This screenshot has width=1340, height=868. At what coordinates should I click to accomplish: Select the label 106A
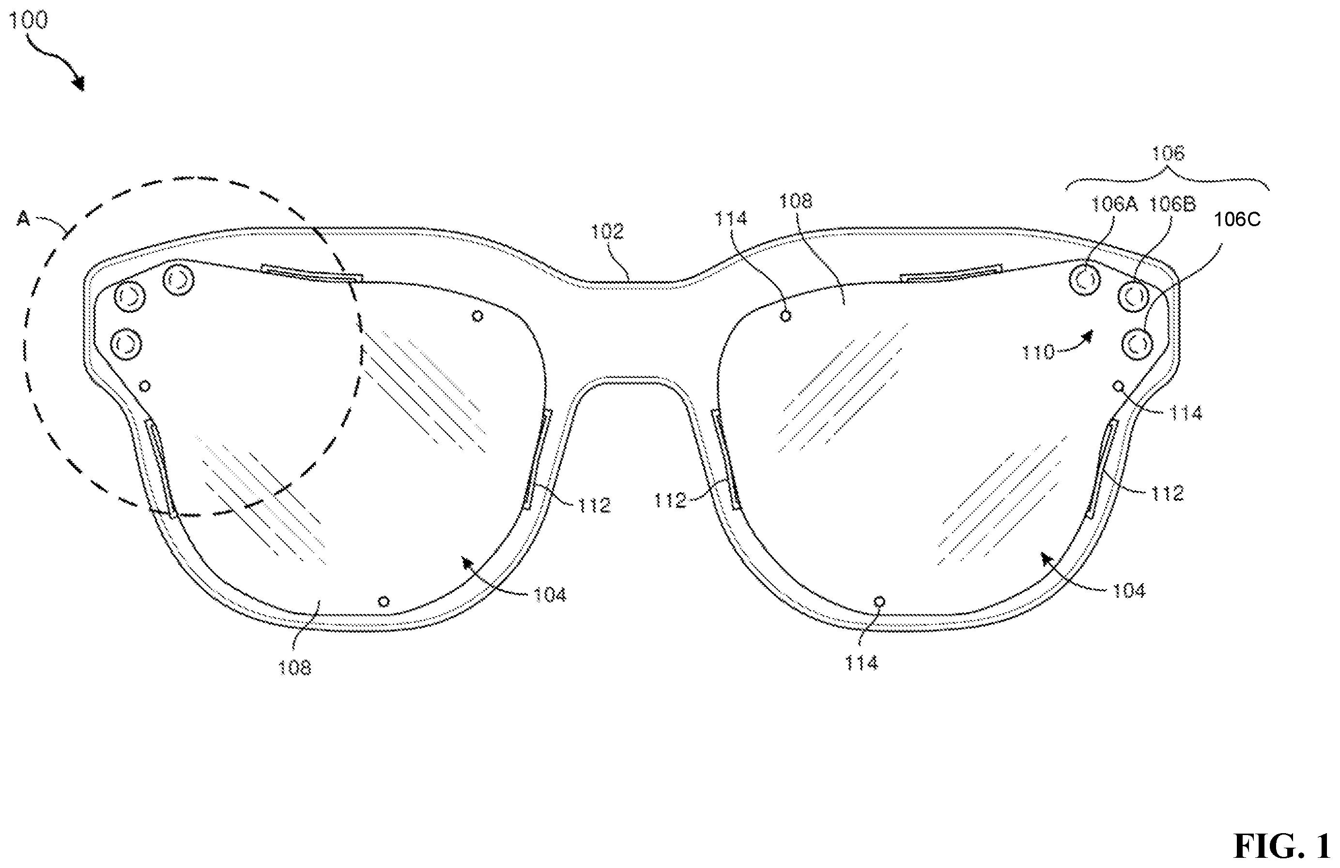(1114, 204)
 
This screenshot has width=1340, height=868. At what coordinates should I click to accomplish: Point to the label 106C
(1237, 219)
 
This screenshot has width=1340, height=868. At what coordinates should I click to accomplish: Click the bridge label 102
(607, 232)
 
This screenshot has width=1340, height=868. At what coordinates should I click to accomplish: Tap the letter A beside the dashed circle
(23, 218)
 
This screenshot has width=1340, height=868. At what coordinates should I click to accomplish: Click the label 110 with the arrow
(1038, 352)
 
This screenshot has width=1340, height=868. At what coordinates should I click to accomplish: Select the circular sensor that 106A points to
(1084, 280)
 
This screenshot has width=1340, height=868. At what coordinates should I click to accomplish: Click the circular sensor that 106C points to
(1137, 343)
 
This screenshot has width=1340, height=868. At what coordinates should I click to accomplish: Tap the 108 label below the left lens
(294, 668)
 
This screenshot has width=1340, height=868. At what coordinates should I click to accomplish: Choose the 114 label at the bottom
(861, 663)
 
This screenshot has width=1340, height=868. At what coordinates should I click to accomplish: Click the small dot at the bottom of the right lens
(879, 602)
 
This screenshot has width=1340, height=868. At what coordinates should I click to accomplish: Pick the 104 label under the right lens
(1129, 591)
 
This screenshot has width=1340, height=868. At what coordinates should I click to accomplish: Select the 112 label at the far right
(1167, 494)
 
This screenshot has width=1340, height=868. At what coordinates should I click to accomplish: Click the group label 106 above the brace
(1168, 153)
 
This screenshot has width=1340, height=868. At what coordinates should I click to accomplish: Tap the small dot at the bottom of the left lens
(384, 602)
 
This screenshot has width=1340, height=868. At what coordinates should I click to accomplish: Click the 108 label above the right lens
(796, 201)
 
